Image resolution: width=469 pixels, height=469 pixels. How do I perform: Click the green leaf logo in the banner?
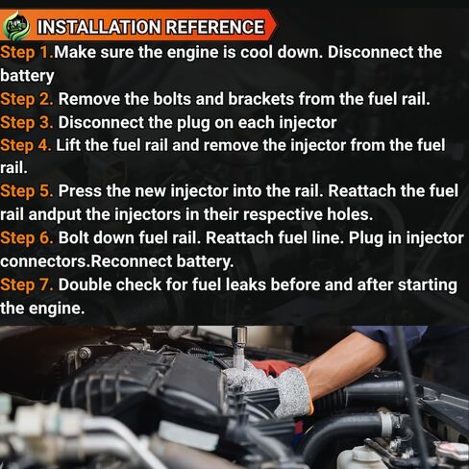click(x=16, y=26)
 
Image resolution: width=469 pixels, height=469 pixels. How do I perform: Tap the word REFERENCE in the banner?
click(x=215, y=27)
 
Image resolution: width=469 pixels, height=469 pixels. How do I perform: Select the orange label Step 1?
click(x=27, y=53)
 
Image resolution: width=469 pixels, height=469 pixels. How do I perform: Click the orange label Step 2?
click(x=27, y=100)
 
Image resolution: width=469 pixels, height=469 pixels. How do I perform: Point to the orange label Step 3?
click(x=27, y=123)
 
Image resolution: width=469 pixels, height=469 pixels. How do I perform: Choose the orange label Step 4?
click(x=26, y=146)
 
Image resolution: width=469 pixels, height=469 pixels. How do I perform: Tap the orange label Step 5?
click(x=27, y=192)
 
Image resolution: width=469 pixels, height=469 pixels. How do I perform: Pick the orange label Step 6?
click(x=27, y=238)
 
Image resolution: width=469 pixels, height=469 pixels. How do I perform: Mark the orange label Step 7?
click(x=27, y=285)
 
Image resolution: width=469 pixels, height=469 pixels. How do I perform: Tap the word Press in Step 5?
click(x=80, y=191)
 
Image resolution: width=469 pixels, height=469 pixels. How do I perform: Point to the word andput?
click(x=55, y=215)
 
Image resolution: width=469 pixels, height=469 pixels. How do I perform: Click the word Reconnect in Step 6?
click(x=132, y=261)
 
